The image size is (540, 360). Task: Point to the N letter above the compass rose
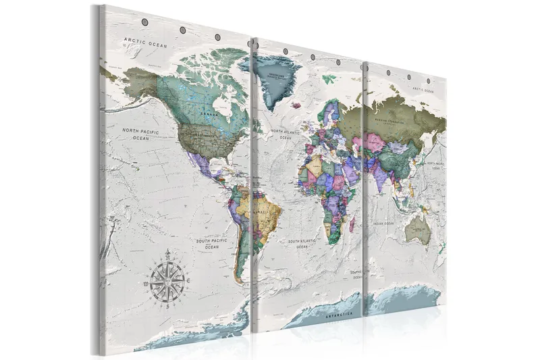(167, 253)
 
